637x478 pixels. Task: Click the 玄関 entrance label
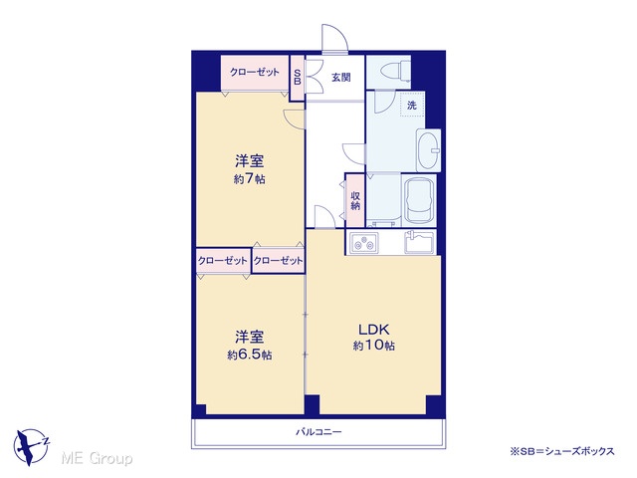click(340, 78)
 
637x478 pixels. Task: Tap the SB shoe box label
click(298, 77)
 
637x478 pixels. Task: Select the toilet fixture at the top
click(396, 71)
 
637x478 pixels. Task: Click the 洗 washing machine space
click(412, 106)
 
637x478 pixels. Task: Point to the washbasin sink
click(429, 150)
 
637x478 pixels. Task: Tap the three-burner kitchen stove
click(362, 243)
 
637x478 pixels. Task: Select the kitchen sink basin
click(419, 242)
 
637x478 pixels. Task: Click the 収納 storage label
click(355, 200)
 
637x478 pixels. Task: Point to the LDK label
click(374, 329)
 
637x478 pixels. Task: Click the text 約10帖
click(374, 346)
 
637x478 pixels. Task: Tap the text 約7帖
click(250, 179)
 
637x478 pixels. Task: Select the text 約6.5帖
click(250, 355)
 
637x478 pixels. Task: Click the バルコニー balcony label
click(318, 431)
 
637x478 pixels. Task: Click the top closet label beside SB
click(255, 73)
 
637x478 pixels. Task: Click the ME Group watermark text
click(97, 458)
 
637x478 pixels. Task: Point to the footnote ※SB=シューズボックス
click(562, 451)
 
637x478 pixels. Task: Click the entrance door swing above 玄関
click(335, 38)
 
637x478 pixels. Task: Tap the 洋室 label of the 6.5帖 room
click(250, 337)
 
